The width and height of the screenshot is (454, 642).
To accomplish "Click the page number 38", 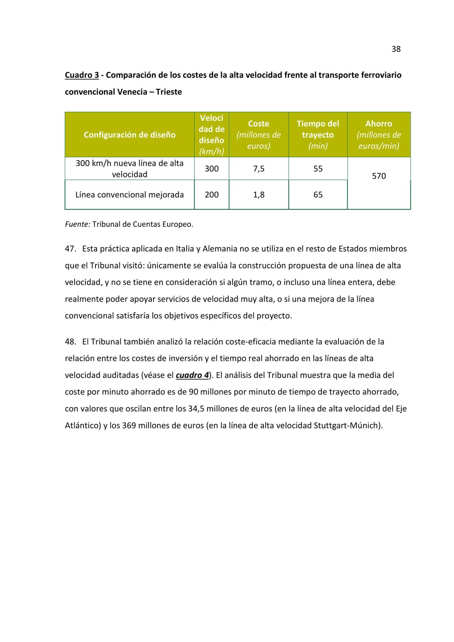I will pyautogui.click(x=396, y=49).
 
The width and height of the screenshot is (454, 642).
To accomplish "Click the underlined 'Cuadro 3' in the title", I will pyautogui.click(x=82, y=75).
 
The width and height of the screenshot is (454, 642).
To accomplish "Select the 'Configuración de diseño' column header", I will pyautogui.click(x=129, y=135).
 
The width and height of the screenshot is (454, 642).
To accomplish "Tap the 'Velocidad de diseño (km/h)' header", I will pyautogui.click(x=211, y=134).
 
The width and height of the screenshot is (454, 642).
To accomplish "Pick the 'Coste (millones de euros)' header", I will pyautogui.click(x=258, y=134).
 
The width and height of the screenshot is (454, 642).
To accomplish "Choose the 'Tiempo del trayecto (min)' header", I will pyautogui.click(x=318, y=134).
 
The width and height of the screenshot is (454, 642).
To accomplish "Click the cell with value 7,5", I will pyautogui.click(x=259, y=169).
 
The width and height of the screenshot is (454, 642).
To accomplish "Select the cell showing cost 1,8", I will pyautogui.click(x=259, y=195).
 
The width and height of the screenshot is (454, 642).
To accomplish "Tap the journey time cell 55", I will pyautogui.click(x=318, y=169).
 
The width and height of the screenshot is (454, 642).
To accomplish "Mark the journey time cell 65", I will pyautogui.click(x=318, y=195).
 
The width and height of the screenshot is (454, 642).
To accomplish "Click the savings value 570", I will pyautogui.click(x=379, y=176).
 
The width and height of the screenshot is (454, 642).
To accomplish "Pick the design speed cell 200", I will pyautogui.click(x=211, y=195).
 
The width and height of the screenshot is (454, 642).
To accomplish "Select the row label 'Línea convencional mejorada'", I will pyautogui.click(x=129, y=195).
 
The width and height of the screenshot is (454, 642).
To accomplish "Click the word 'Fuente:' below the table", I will pyautogui.click(x=77, y=224).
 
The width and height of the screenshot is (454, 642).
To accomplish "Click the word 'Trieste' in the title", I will pyautogui.click(x=169, y=92).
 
